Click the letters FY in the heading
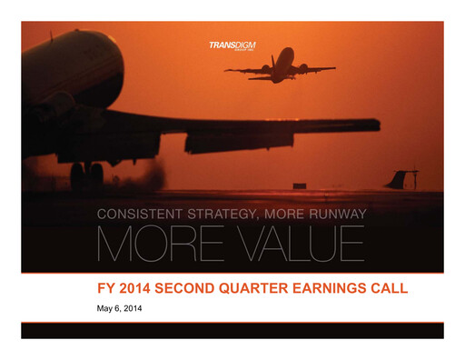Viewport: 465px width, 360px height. [107, 290]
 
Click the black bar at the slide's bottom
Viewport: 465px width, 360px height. [232, 330]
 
